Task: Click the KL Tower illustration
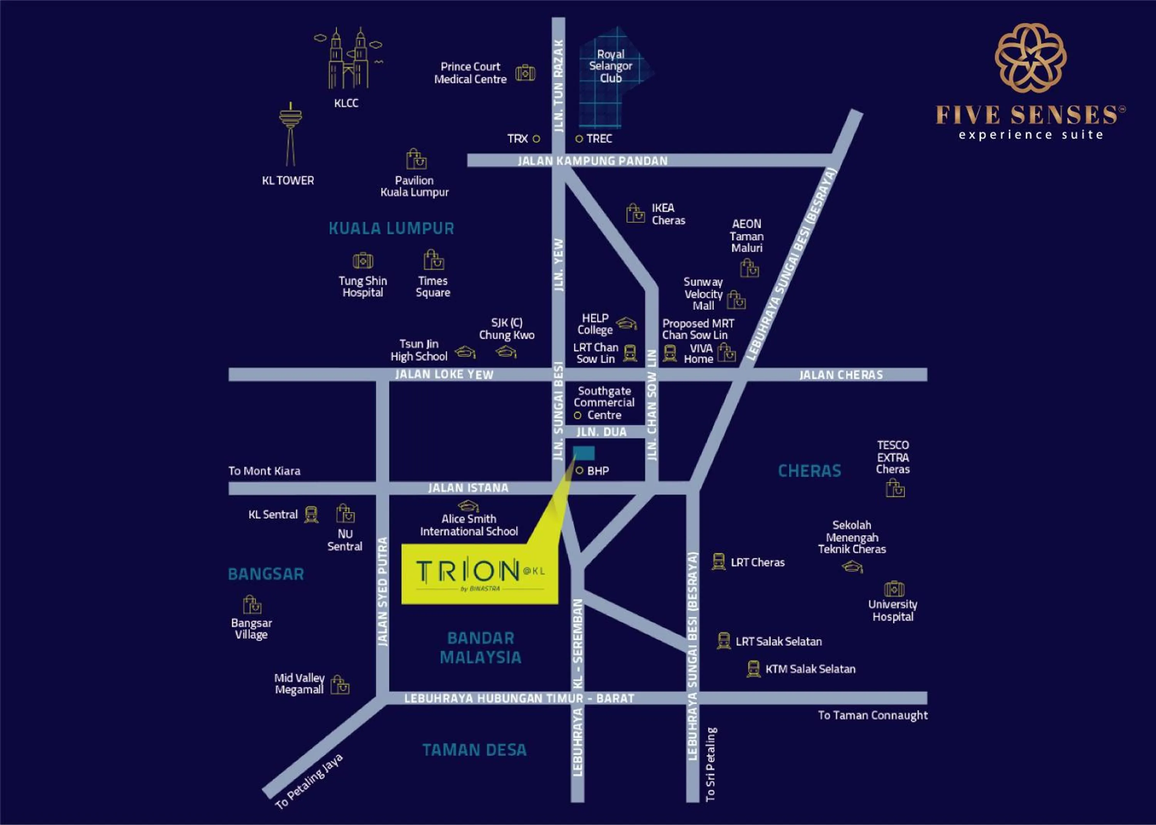pyautogui.click(x=290, y=135)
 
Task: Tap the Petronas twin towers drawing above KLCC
pyautogui.click(x=348, y=59)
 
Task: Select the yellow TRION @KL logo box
pyautogui.click(x=480, y=573)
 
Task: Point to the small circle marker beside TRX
pyautogui.click(x=536, y=138)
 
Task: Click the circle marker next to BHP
pyautogui.click(x=579, y=470)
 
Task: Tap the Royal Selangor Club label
pyautogui.click(x=610, y=66)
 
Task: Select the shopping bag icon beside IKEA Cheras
pyautogui.click(x=635, y=213)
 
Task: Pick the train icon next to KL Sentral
pyautogui.click(x=311, y=514)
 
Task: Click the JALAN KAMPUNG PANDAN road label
pyautogui.click(x=593, y=161)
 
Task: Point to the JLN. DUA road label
pyautogui.click(x=601, y=432)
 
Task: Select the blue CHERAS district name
pyautogui.click(x=810, y=471)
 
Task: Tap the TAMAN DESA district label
pyautogui.click(x=474, y=750)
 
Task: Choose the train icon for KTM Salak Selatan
pyautogui.click(x=753, y=669)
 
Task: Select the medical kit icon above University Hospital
pyautogui.click(x=894, y=589)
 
